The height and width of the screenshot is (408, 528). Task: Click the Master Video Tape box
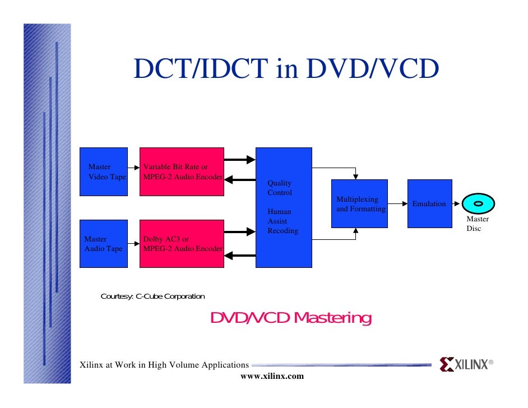[x=103, y=171]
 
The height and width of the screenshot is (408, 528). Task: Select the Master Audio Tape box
[x=103, y=244]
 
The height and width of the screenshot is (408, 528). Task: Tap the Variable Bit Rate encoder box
[x=182, y=171]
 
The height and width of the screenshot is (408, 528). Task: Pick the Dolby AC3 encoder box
[x=182, y=244]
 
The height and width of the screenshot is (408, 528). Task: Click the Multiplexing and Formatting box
[x=359, y=203]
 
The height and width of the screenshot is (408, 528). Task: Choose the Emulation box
[x=429, y=203]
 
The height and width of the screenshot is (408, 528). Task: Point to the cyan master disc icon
[x=478, y=204]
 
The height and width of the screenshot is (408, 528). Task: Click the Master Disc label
[x=478, y=224]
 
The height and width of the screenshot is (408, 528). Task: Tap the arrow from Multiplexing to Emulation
[x=397, y=204]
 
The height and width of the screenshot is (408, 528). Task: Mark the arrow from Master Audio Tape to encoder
[x=133, y=244]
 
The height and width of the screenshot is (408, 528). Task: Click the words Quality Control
[x=279, y=188]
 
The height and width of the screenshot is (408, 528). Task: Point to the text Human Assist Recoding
[x=282, y=221]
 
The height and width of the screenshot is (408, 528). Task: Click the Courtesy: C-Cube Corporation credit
[x=152, y=296]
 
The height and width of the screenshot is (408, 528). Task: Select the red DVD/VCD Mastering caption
[x=290, y=318]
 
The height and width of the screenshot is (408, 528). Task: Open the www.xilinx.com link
[x=272, y=376]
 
